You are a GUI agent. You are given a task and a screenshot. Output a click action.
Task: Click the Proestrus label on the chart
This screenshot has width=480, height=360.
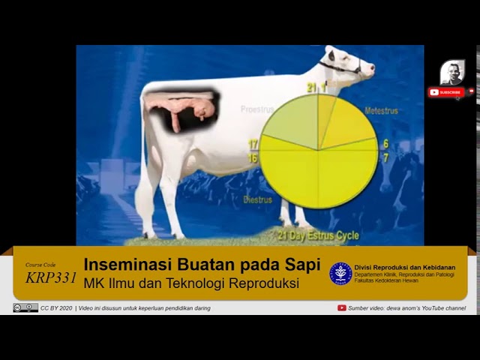(x=256, y=109)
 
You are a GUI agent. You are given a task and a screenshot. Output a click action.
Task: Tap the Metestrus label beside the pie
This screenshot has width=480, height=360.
(x=381, y=111)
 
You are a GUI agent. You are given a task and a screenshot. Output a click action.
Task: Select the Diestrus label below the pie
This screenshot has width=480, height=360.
(x=257, y=200)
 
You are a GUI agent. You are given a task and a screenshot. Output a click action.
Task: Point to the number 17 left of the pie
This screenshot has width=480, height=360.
(x=253, y=143)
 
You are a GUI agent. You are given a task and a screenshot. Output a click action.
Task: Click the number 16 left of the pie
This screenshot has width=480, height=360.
(x=253, y=158)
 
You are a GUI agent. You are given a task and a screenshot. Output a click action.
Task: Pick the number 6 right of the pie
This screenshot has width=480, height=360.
(x=385, y=143)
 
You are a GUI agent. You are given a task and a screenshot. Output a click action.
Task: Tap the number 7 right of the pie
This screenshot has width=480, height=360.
(x=385, y=158)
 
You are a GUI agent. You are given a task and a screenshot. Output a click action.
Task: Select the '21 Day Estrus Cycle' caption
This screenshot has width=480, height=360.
(x=318, y=235)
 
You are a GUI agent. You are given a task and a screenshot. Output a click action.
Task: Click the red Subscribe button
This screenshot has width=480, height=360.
(x=446, y=92)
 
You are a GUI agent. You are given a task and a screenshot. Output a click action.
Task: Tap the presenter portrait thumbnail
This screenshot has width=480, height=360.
(x=451, y=73)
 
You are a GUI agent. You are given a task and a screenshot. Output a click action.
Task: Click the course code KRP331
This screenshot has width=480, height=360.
(x=51, y=277)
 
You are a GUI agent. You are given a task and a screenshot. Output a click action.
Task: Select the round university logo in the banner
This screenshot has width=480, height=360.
(x=340, y=274)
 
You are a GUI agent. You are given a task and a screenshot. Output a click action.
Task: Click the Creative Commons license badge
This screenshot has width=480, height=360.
(x=25, y=308)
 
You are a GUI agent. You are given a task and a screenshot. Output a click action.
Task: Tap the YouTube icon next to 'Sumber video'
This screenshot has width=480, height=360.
(x=342, y=308)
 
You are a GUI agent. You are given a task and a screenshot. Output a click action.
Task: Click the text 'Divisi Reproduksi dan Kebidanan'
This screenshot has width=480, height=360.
(x=404, y=268)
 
